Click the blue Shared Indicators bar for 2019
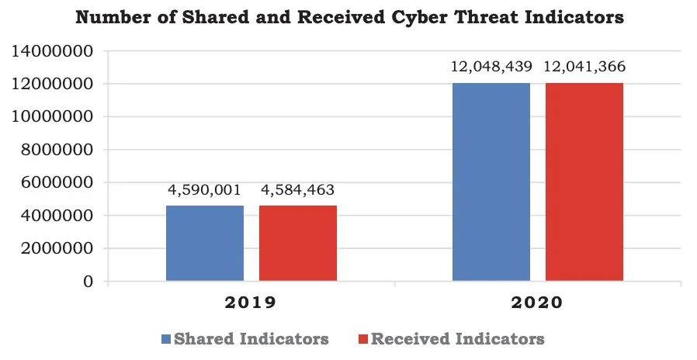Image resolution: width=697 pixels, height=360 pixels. tap(204, 243)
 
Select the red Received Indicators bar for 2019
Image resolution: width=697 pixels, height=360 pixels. tap(298, 243)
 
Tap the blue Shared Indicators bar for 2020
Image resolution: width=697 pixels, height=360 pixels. tap(491, 182)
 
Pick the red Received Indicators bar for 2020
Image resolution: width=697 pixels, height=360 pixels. tap(584, 182)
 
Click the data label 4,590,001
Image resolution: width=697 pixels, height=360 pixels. tap(204, 189)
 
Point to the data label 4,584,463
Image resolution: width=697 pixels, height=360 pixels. tap(298, 189)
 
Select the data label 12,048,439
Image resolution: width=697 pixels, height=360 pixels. tap(491, 67)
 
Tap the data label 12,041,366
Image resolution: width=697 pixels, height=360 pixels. tap(585, 67)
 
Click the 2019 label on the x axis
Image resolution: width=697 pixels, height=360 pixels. tap(251, 303)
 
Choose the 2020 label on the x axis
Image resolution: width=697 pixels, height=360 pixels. tap(537, 303)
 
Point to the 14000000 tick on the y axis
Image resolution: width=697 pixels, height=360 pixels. tap(52, 51)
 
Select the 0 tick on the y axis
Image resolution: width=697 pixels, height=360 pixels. tap(89, 282)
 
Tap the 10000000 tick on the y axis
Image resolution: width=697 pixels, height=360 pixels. tap(52, 117)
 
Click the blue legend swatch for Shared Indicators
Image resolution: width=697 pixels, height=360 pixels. tap(165, 339)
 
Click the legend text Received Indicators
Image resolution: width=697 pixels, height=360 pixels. tap(457, 339)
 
